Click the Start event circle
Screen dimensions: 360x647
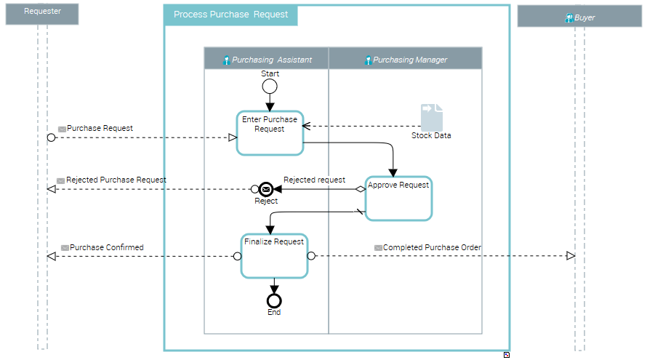coord(270,87)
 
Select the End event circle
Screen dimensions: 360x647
coord(274,300)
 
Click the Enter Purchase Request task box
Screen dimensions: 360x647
coord(270,133)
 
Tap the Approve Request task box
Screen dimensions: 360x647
coord(398,198)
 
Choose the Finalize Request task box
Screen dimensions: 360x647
coord(274,255)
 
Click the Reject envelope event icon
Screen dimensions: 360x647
coord(266,189)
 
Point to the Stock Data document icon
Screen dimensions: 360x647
coord(431,118)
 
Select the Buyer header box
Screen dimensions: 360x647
coord(580,17)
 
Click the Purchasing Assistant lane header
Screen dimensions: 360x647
coord(267,60)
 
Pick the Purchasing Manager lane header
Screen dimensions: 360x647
coord(406,60)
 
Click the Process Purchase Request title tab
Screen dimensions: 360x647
coord(230,15)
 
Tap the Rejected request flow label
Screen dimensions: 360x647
coord(314,180)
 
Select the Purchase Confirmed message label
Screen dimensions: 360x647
coord(106,248)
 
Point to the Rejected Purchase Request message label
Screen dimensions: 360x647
coord(116,180)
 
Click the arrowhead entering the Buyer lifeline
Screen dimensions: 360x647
coord(571,256)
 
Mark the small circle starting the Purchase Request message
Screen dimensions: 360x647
coord(51,137)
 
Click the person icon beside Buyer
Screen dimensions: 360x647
coord(569,17)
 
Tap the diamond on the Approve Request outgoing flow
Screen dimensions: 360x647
coord(360,189)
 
